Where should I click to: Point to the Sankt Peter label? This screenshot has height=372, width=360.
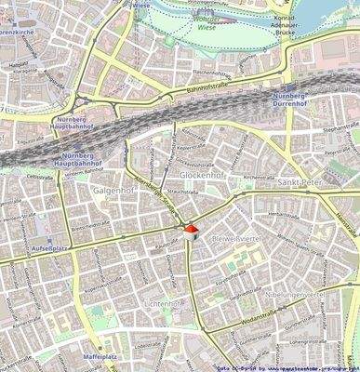tap(300, 182)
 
